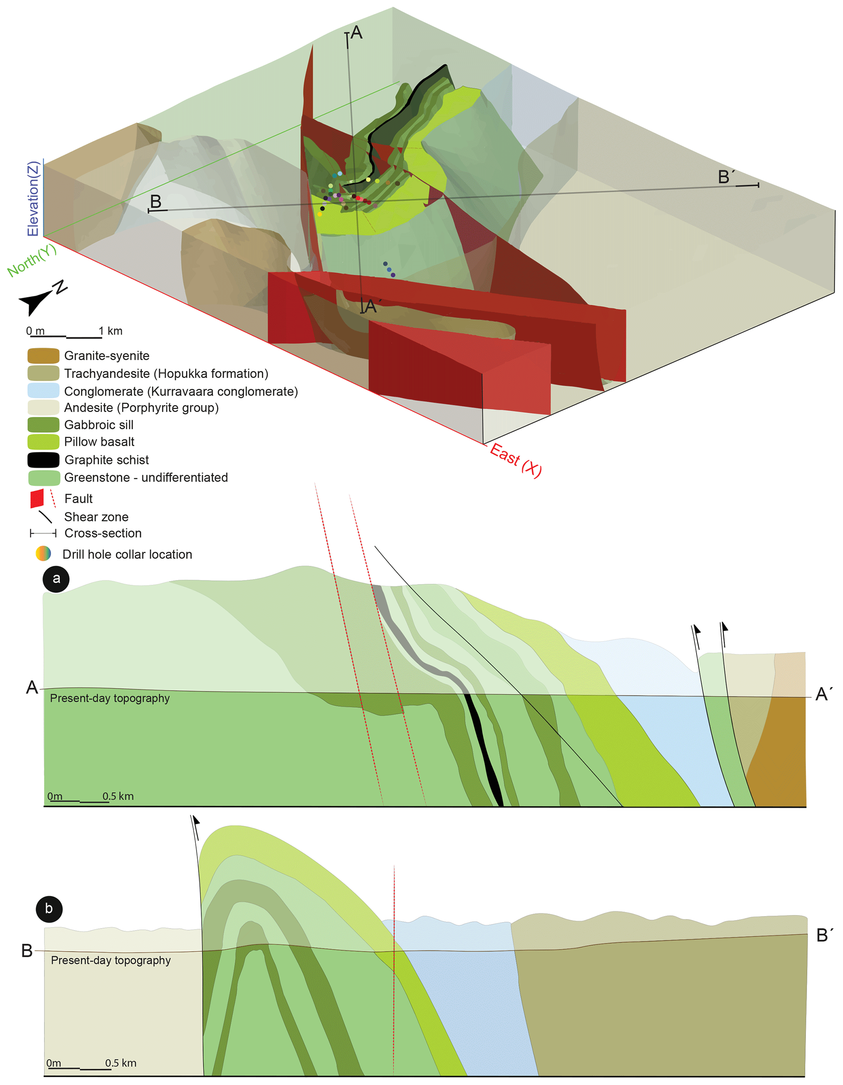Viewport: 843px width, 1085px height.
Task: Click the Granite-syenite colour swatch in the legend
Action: coord(43,356)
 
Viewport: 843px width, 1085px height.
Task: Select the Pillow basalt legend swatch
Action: coord(43,442)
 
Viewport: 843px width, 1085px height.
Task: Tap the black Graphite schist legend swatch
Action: coord(43,460)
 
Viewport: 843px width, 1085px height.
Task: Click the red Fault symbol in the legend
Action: coord(37,498)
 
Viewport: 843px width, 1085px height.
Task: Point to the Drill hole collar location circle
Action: coord(43,554)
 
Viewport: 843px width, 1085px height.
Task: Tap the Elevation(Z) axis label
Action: coord(33,199)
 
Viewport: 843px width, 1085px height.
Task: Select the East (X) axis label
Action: coord(515,460)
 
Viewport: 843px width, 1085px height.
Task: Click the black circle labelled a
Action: coord(56,578)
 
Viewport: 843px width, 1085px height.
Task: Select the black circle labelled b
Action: coord(49,909)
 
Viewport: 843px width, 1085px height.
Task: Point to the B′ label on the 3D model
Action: coord(726,177)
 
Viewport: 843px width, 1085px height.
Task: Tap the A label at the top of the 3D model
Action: coord(356,33)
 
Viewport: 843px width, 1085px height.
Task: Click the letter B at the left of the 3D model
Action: coord(155,201)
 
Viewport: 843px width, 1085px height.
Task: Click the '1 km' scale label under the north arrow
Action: coord(110,331)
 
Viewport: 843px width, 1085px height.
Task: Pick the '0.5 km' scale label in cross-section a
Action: coord(118,796)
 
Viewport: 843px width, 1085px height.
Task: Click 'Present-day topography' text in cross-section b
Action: coord(111,960)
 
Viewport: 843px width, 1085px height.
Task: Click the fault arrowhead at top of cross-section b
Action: coord(196,821)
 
